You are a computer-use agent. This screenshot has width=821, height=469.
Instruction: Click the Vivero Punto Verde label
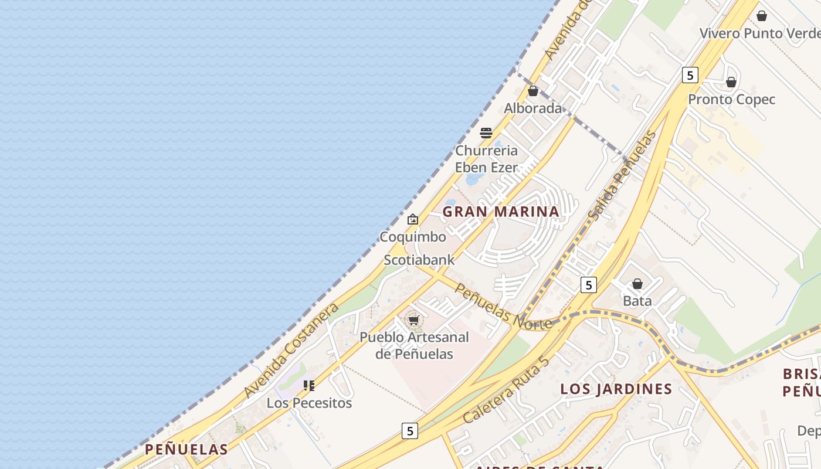coord(760,33)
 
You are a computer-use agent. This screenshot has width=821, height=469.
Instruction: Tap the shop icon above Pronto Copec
coord(731,83)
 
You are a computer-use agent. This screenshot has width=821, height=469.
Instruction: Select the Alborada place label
coord(532,108)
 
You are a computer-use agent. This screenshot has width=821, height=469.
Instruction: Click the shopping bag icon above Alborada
coord(532,91)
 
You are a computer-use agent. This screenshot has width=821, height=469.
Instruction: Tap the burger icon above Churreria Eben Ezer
coord(486,133)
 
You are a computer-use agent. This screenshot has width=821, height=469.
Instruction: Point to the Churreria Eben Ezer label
coord(487,159)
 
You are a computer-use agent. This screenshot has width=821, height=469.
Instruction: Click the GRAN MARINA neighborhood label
coord(501,212)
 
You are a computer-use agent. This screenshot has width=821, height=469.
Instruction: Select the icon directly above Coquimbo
coord(413,220)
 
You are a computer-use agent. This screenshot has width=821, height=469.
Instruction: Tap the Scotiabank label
coord(419,260)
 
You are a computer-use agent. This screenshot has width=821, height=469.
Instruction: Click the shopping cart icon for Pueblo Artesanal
coord(414,320)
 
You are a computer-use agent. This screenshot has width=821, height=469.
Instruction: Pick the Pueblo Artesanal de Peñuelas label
coord(414,345)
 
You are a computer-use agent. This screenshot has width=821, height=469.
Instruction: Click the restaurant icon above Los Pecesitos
coord(309,386)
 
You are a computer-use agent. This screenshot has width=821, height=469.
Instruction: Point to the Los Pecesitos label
coord(309,403)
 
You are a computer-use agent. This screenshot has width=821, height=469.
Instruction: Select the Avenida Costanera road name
coord(291,350)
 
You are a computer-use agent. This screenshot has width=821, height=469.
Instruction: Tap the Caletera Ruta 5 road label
coord(507,389)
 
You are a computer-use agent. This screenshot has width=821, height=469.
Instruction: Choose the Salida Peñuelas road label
coord(622,175)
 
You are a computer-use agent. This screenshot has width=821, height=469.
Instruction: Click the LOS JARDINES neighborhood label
coord(616,389)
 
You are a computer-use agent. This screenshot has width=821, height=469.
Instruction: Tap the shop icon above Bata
coord(637,284)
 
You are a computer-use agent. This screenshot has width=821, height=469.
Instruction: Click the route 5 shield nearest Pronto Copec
coord(690,75)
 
